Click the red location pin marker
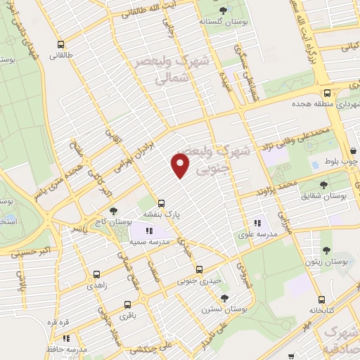point(181,166)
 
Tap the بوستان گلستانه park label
point(224,22)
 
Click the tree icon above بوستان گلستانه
point(224,10)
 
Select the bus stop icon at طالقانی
point(62,41)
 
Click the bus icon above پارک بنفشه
point(162,200)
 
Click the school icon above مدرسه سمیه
point(148,229)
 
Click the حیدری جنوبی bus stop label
point(199,281)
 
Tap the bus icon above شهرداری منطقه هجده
point(326,92)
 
